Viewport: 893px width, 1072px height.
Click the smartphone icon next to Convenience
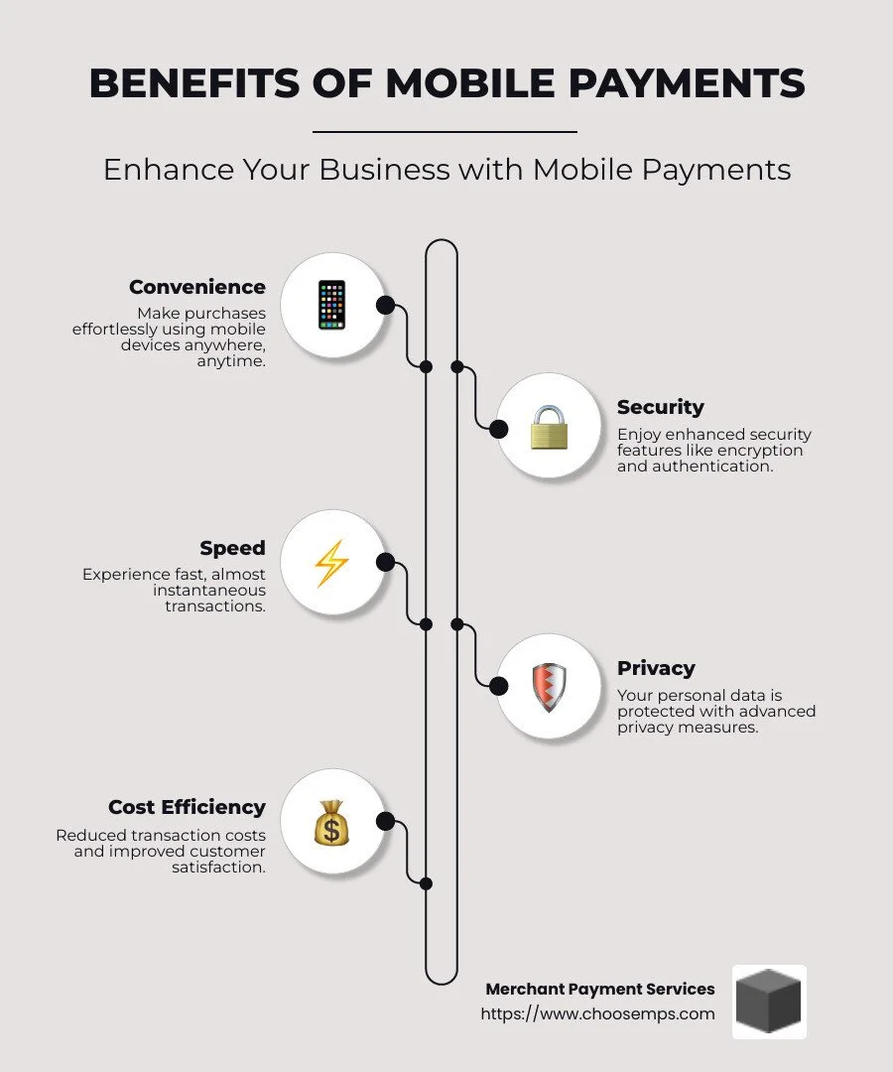[x=331, y=305]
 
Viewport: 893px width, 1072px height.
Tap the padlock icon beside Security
[x=548, y=427]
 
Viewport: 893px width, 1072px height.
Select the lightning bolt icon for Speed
[x=331, y=563]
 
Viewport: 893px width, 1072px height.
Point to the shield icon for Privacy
[x=548, y=687]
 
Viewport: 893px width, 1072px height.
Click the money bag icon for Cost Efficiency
[x=331, y=823]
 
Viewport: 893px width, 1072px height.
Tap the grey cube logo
[x=769, y=1002]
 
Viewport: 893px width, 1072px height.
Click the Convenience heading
[x=197, y=287]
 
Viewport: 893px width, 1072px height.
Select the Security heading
[x=660, y=407]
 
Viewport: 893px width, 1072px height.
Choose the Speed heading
[x=232, y=548]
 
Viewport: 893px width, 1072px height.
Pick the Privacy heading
[x=656, y=668]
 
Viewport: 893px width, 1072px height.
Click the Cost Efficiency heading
[x=187, y=807]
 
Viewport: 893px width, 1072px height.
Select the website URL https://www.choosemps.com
[x=597, y=1013]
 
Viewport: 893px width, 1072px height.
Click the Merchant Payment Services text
[x=599, y=989]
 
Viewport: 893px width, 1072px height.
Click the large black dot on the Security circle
[x=498, y=429]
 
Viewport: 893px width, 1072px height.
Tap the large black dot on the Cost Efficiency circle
[x=385, y=821]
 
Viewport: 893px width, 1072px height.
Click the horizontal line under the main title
[x=445, y=131]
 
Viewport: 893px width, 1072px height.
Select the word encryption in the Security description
[x=761, y=450]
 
